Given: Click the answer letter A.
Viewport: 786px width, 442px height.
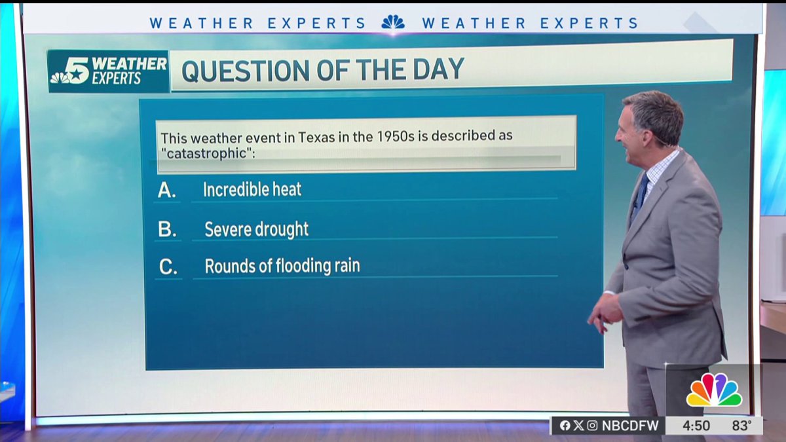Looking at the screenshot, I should coord(167,191).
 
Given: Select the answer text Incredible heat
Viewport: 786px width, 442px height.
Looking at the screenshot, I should coord(252,190).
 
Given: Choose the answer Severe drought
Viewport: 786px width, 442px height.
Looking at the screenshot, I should coord(256,229).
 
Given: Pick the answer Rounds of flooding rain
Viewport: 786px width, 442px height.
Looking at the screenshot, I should coord(282,267).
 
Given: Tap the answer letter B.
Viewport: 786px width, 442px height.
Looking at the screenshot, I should coord(168,230).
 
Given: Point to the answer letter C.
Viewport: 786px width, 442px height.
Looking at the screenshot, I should coord(168,267).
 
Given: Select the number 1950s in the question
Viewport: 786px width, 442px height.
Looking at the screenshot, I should coord(395,138).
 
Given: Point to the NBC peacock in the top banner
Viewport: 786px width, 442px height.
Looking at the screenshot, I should coord(393,23).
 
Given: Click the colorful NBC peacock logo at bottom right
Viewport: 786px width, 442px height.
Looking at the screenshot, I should coord(714,391).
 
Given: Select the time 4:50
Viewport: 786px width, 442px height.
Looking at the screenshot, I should coord(696,426).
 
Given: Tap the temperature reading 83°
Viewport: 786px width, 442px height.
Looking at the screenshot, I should coord(741,426).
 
